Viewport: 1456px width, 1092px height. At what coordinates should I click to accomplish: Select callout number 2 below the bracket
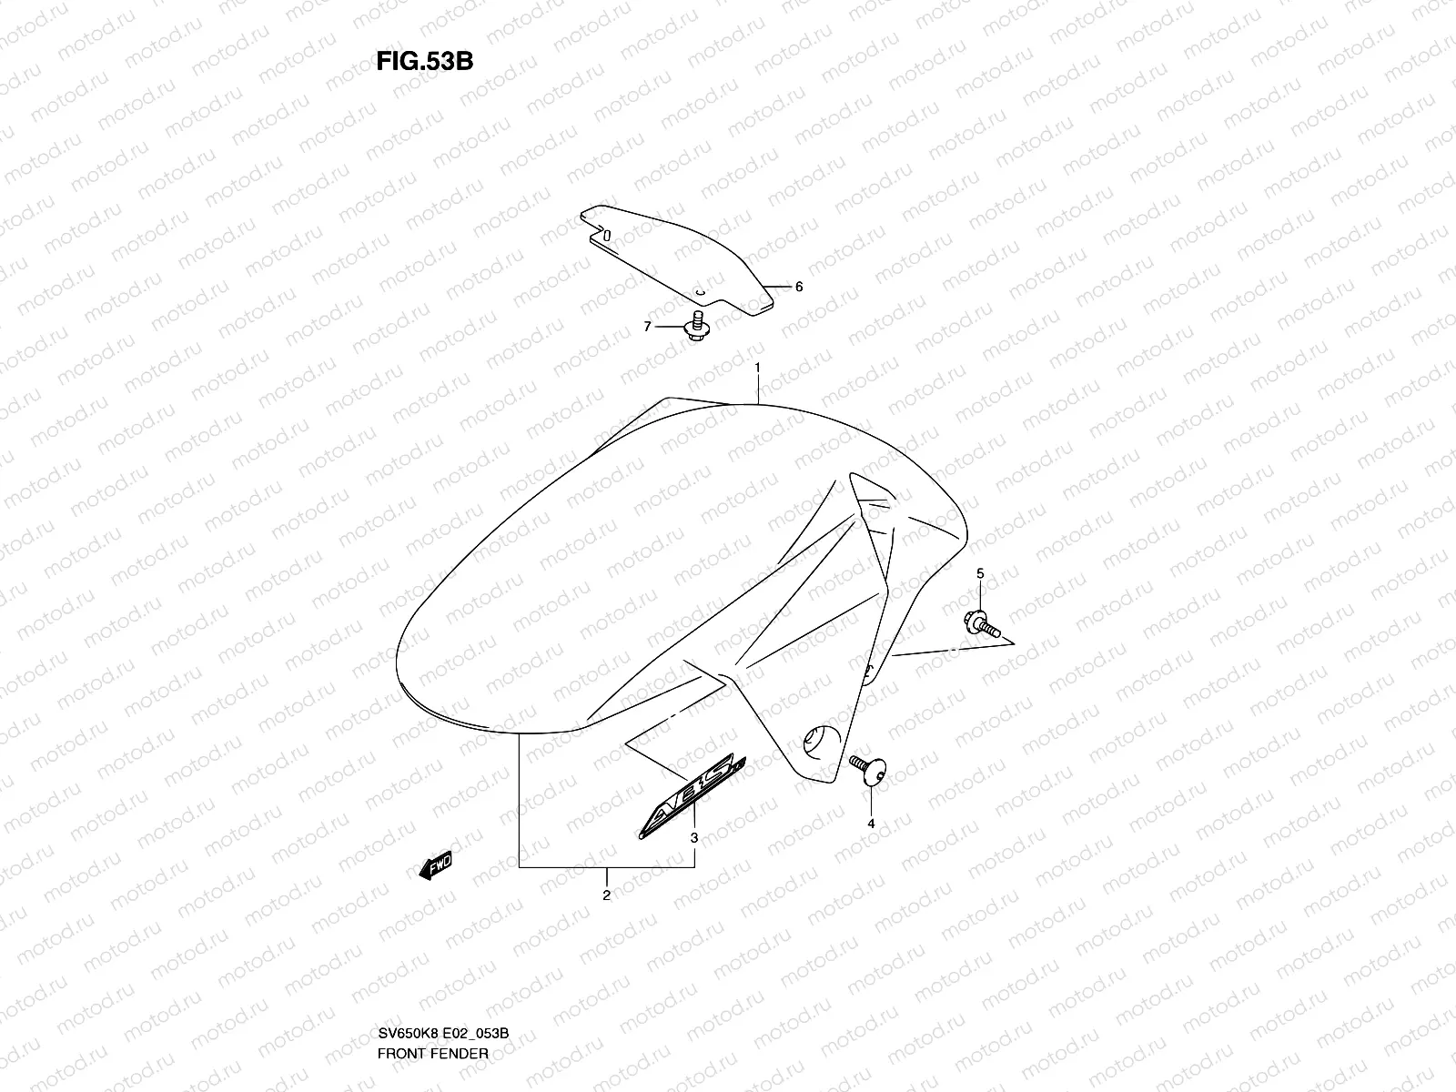click(x=606, y=895)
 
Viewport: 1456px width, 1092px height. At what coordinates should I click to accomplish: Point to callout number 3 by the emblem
click(x=694, y=837)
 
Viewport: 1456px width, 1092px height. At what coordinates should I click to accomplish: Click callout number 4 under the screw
click(x=870, y=823)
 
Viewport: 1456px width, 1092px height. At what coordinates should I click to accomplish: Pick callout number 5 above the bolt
click(x=980, y=573)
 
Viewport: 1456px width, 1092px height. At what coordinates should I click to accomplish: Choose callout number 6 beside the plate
click(x=798, y=287)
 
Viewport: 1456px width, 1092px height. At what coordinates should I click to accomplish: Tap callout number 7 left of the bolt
click(x=648, y=327)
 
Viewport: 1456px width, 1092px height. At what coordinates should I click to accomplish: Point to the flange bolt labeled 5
click(x=982, y=623)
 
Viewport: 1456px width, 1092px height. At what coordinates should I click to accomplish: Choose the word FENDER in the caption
click(x=465, y=977)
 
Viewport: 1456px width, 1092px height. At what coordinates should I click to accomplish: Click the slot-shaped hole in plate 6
click(x=607, y=233)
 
